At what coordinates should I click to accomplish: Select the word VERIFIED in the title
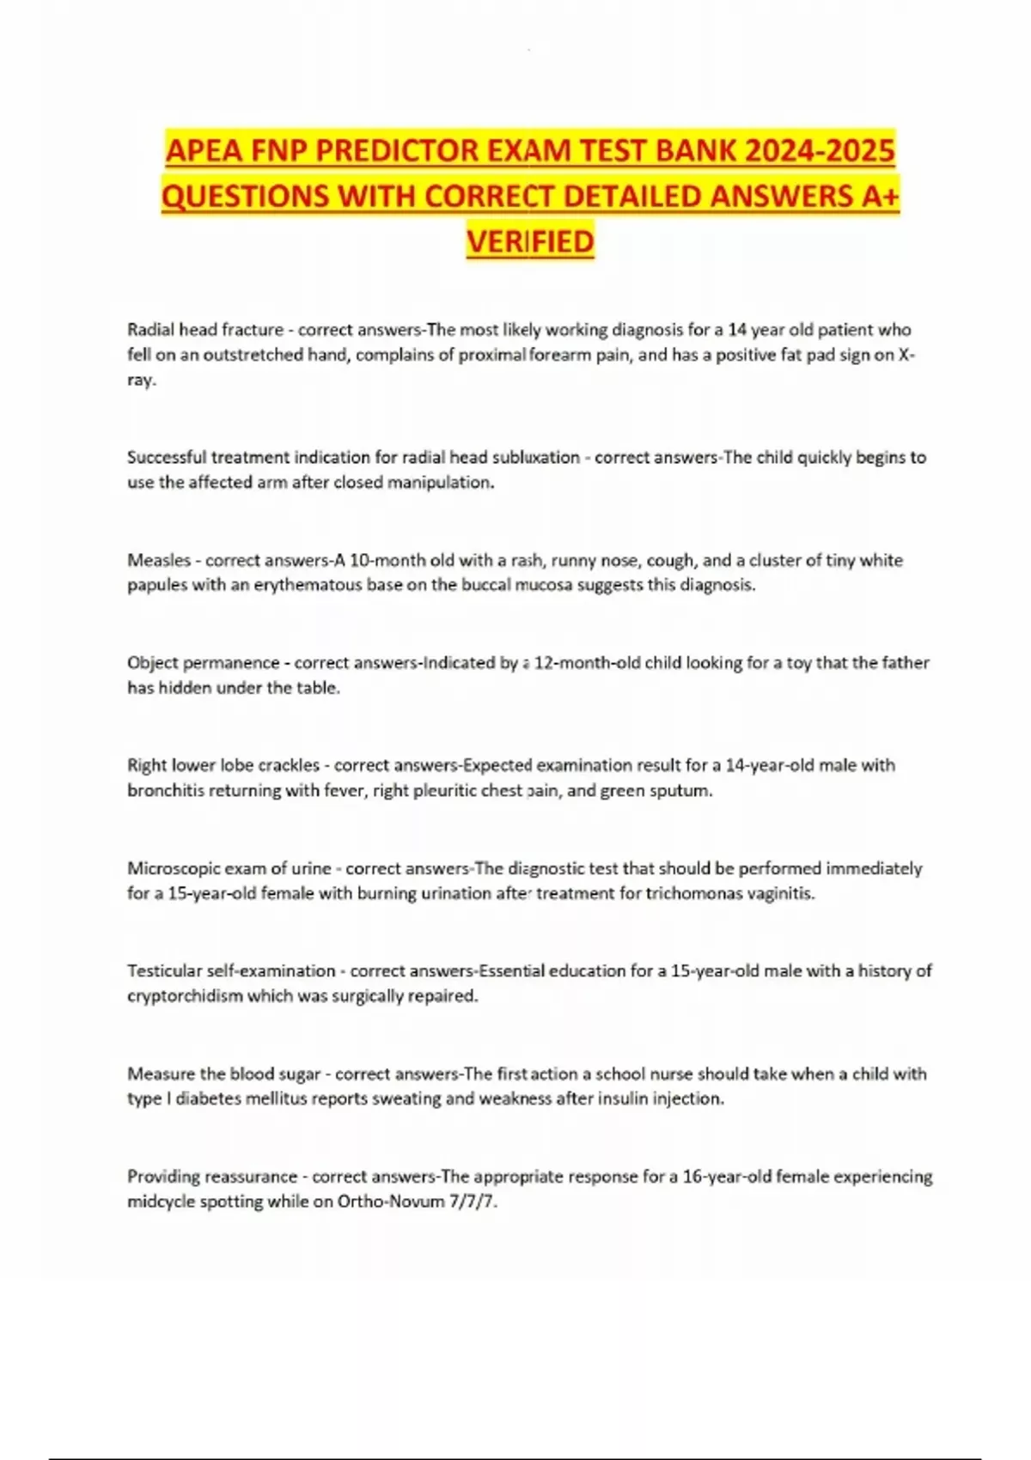(x=530, y=241)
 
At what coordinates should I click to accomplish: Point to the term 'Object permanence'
(x=203, y=663)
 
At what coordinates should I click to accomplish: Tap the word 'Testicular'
(x=165, y=970)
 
